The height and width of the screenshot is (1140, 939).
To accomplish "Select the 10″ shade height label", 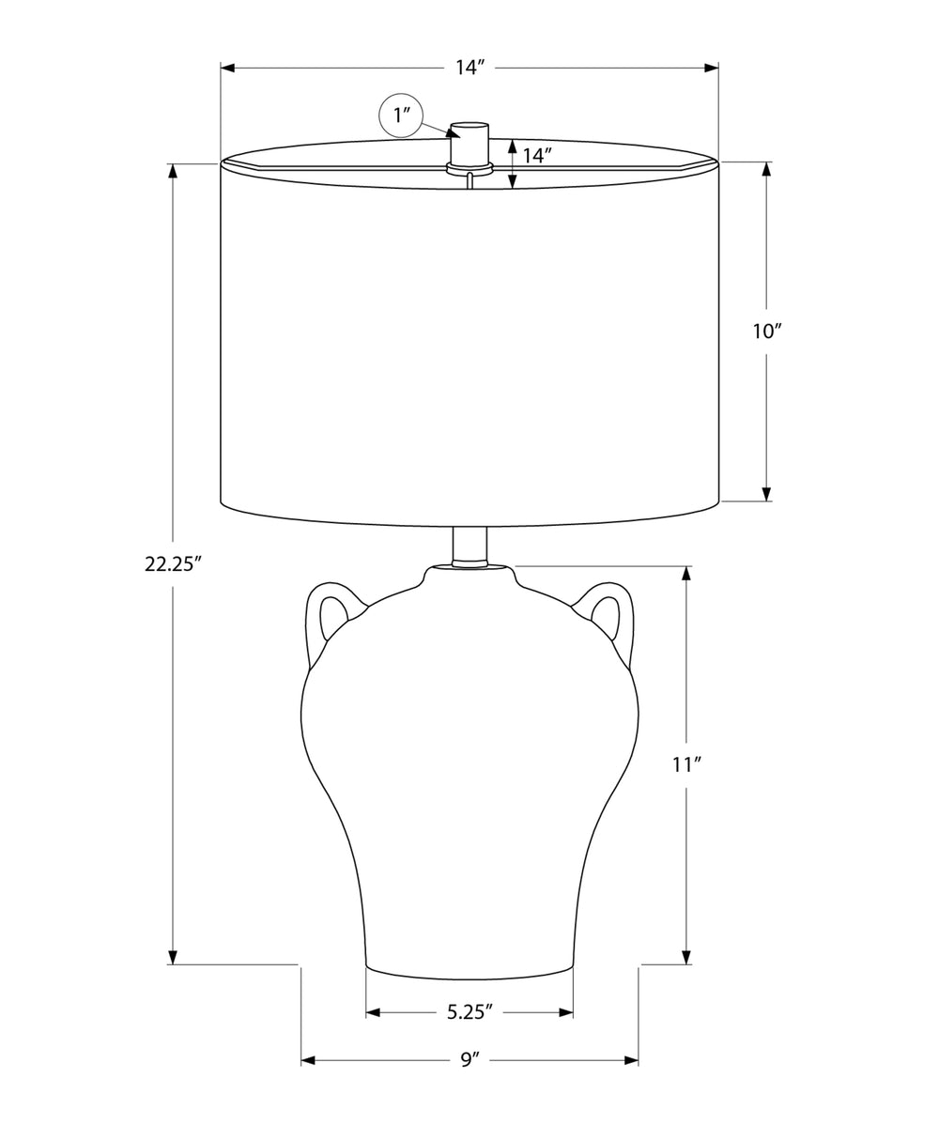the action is click(x=767, y=331).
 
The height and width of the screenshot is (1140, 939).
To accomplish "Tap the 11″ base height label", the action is click(x=686, y=765).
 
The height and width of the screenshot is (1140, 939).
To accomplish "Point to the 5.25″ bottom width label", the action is click(x=470, y=1013).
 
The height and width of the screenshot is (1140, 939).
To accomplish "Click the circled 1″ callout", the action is click(x=401, y=116).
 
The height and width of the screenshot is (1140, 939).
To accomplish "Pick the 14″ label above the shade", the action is click(x=470, y=68).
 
